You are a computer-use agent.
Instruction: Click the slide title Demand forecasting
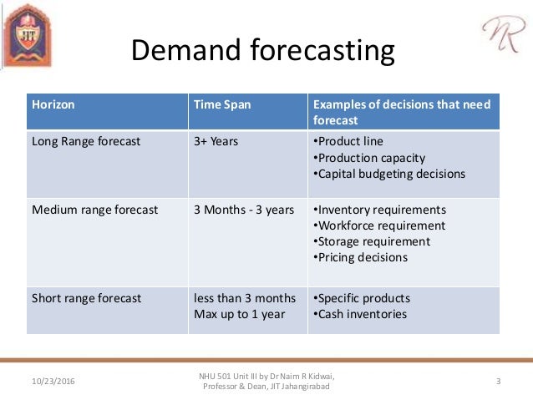point(263,52)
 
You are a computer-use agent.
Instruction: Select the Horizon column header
point(53,104)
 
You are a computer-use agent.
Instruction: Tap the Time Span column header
point(222,104)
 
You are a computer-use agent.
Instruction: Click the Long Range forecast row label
point(86,141)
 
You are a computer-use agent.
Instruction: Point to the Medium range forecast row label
point(94,210)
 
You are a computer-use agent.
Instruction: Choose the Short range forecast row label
point(86,298)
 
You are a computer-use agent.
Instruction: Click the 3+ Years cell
point(216,141)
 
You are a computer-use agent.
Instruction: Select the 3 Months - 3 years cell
point(243,210)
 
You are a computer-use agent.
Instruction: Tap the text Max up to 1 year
point(239,315)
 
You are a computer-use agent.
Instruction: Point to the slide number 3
point(498,382)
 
